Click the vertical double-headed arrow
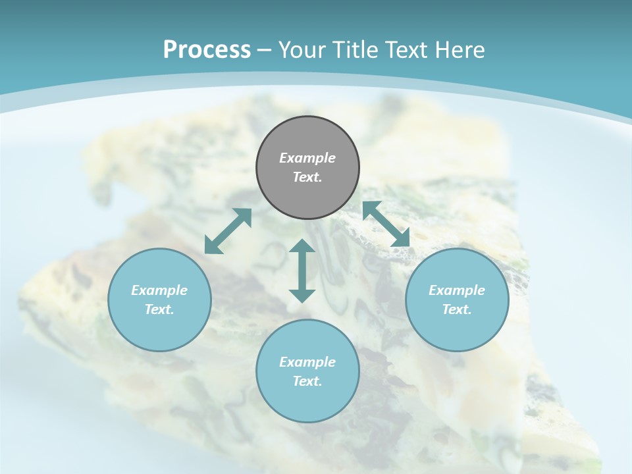[302, 271]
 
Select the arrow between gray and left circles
[228, 231]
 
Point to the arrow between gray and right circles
[386, 224]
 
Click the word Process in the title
[207, 49]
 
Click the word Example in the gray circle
[307, 158]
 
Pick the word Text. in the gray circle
[307, 177]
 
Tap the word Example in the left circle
[159, 290]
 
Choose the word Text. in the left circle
[159, 309]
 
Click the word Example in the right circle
[457, 290]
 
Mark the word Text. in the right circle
[457, 309]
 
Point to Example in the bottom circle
[307, 362]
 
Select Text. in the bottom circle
[307, 381]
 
